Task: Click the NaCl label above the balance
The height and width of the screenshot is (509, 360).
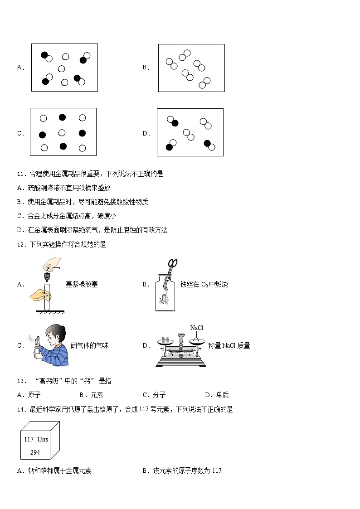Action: coord(197,328)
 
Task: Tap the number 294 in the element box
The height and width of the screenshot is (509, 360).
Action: coord(35,452)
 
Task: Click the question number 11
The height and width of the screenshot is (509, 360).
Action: coord(20,174)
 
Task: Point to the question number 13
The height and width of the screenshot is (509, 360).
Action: coord(20,381)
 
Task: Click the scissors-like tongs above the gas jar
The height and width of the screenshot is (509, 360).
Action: coord(172,265)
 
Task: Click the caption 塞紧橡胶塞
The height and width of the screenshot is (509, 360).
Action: coord(82,285)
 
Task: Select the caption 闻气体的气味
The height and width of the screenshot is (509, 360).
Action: coord(90,345)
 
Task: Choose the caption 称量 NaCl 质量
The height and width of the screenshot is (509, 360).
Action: coord(229,345)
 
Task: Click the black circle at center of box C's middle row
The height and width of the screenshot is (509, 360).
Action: coord(62,133)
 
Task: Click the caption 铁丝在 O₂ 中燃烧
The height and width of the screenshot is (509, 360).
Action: coord(204,285)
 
